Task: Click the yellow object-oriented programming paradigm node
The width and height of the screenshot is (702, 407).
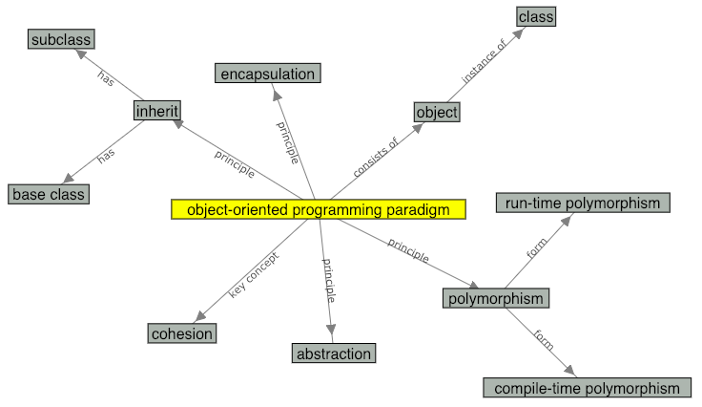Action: tap(318, 209)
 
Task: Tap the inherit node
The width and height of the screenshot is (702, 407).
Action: tap(156, 111)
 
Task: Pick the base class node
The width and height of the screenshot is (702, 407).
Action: tap(49, 194)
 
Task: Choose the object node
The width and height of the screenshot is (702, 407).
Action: tap(437, 112)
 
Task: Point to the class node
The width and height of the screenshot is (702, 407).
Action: tap(535, 16)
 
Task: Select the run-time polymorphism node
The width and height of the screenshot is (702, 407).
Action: tap(583, 203)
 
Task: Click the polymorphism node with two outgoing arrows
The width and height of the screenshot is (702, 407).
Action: tap(496, 298)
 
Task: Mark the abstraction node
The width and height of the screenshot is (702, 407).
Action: tap(333, 353)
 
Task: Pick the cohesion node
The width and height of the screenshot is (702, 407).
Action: tap(182, 333)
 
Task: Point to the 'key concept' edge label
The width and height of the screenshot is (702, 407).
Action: tap(253, 274)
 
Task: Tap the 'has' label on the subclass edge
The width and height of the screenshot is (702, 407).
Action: tap(106, 78)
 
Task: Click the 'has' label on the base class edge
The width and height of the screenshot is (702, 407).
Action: tap(106, 153)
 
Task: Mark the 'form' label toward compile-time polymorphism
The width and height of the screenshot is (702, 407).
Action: tap(544, 338)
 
